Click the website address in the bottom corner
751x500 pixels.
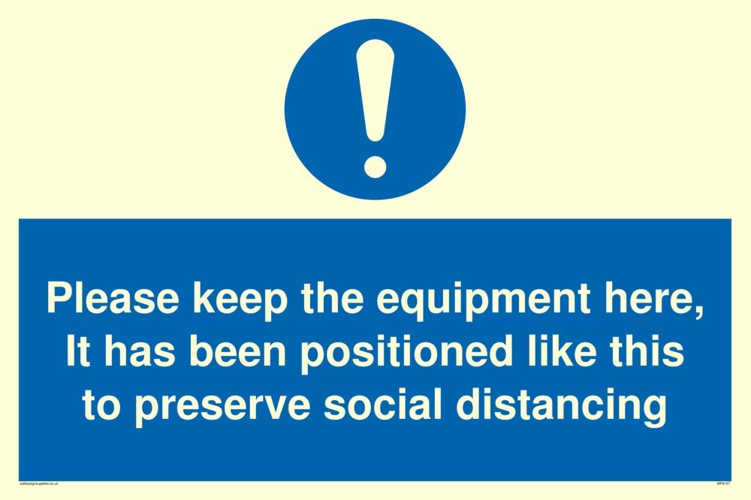coord(40,483)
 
